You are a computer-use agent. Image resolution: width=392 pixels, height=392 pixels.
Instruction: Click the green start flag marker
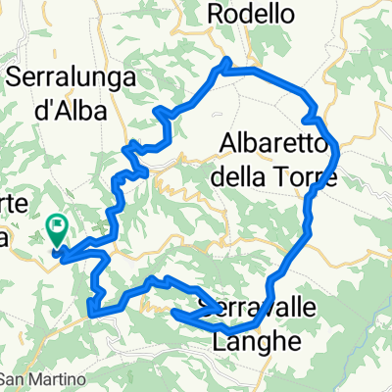57,229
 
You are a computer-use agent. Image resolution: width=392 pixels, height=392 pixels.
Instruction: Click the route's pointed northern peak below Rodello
227,62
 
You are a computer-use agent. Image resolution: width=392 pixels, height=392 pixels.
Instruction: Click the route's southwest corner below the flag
93,313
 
